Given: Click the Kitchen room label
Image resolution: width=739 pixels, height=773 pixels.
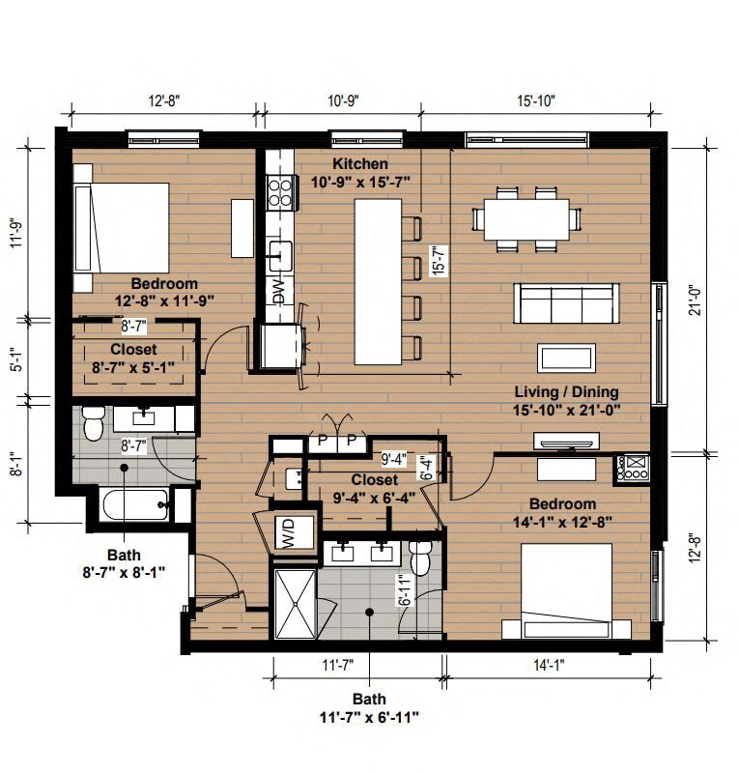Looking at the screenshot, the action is click(x=360, y=163).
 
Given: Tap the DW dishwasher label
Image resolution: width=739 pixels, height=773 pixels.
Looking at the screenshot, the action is click(x=279, y=292).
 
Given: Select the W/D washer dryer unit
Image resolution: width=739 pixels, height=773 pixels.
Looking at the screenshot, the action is click(x=294, y=532).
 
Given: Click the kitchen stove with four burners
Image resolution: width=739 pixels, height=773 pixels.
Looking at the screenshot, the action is click(x=280, y=192).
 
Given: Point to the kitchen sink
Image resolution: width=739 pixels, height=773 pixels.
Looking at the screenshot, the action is click(x=280, y=256).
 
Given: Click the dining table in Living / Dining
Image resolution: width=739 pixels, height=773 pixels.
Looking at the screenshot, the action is click(x=526, y=219).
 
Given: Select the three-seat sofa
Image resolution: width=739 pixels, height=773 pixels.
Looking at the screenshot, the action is click(x=566, y=303).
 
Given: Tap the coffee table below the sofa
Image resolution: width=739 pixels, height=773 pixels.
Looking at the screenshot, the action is click(x=566, y=358).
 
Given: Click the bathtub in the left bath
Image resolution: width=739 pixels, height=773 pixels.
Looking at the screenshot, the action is click(x=136, y=504).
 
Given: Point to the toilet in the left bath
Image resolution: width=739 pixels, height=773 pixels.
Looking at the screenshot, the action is click(x=92, y=423).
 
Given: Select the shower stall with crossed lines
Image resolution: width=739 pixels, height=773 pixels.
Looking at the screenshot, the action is click(x=296, y=604).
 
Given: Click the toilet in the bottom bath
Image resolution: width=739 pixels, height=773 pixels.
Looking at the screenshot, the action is click(x=420, y=558).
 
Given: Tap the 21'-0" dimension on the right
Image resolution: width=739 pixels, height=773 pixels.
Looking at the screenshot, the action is click(x=696, y=301).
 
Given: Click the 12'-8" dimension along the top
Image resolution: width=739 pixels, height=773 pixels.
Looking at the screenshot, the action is click(x=164, y=101).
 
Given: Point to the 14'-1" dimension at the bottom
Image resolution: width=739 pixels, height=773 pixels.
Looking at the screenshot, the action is click(x=549, y=666).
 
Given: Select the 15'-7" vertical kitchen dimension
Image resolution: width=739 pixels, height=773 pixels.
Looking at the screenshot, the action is click(x=439, y=260).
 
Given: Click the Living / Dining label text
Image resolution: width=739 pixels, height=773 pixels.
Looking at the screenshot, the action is click(x=566, y=392).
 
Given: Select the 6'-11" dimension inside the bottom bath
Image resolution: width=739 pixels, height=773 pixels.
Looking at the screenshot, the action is click(x=404, y=590).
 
